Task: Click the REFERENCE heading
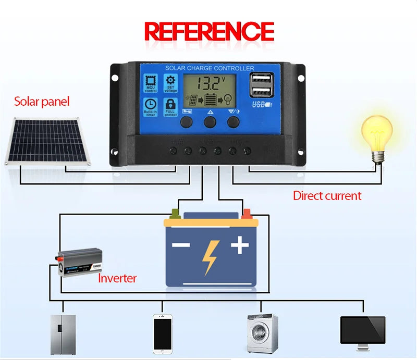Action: click(x=208, y=31)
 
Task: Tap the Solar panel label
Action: click(x=41, y=102)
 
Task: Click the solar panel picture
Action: click(x=46, y=141)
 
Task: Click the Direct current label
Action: click(x=327, y=196)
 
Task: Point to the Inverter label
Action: click(x=117, y=278)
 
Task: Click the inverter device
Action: click(x=79, y=263)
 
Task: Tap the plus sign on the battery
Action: click(x=240, y=244)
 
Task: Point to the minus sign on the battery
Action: click(x=181, y=245)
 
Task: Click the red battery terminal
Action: click(x=246, y=213)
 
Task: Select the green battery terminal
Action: click(x=175, y=213)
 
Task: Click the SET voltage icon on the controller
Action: click(x=170, y=83)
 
